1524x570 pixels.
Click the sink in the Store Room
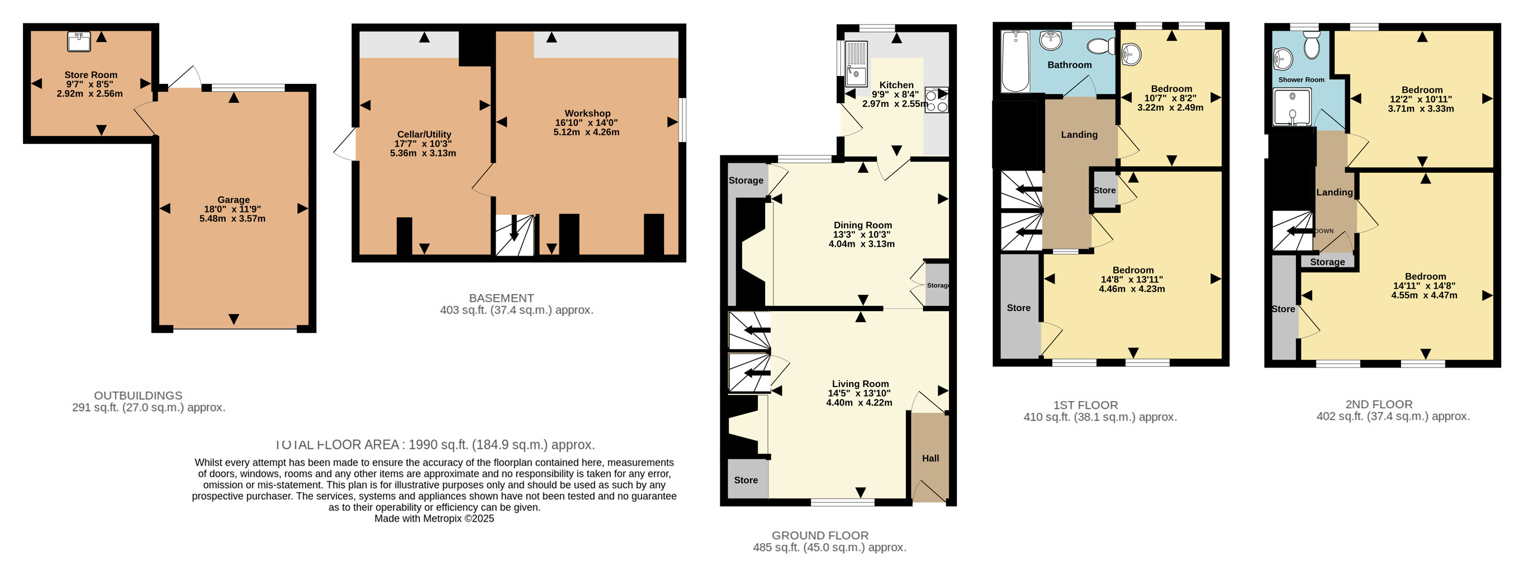(79, 42)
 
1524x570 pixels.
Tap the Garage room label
(234, 200)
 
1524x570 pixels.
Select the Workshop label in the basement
(587, 113)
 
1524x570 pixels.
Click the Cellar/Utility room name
(424, 134)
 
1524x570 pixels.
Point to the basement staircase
(515, 235)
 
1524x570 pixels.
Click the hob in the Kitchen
(937, 100)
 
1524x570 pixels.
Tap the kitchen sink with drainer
(856, 63)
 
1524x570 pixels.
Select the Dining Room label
(862, 225)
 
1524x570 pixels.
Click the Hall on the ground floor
(930, 458)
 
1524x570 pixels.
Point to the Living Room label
(860, 384)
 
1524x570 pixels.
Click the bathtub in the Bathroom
(1015, 62)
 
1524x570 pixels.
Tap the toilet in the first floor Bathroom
(1101, 45)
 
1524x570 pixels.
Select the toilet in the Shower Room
(1312, 44)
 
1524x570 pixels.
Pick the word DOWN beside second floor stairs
(1324, 231)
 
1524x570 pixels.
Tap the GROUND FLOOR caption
(820, 535)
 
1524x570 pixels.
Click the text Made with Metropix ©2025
(434, 519)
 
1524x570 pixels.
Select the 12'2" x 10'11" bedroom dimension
(1422, 99)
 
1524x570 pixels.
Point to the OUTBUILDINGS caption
(139, 395)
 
